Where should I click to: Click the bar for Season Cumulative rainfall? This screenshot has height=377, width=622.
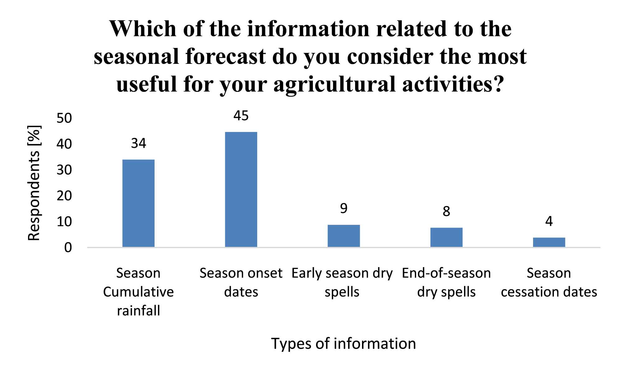click(138, 203)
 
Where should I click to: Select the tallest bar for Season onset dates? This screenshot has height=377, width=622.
click(241, 190)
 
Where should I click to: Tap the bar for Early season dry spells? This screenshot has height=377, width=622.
click(344, 236)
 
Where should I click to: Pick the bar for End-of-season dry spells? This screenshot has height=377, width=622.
click(446, 237)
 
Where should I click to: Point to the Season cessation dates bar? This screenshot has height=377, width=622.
click(549, 242)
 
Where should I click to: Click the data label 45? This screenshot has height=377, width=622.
click(241, 116)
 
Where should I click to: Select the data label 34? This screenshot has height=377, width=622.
click(138, 143)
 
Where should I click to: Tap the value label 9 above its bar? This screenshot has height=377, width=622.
click(344, 208)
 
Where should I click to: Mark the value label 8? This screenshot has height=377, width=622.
click(446, 211)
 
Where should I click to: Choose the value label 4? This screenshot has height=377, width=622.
click(549, 221)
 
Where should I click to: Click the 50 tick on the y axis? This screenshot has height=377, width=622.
click(64, 118)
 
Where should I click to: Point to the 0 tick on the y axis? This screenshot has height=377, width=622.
click(68, 248)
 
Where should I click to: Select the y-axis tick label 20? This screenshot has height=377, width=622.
click(64, 196)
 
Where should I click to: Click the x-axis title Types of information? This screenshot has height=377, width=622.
click(344, 344)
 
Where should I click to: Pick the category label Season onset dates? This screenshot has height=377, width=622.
click(241, 282)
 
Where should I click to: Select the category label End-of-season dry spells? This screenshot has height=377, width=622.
click(446, 282)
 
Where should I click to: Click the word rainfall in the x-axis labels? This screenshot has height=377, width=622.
click(138, 311)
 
